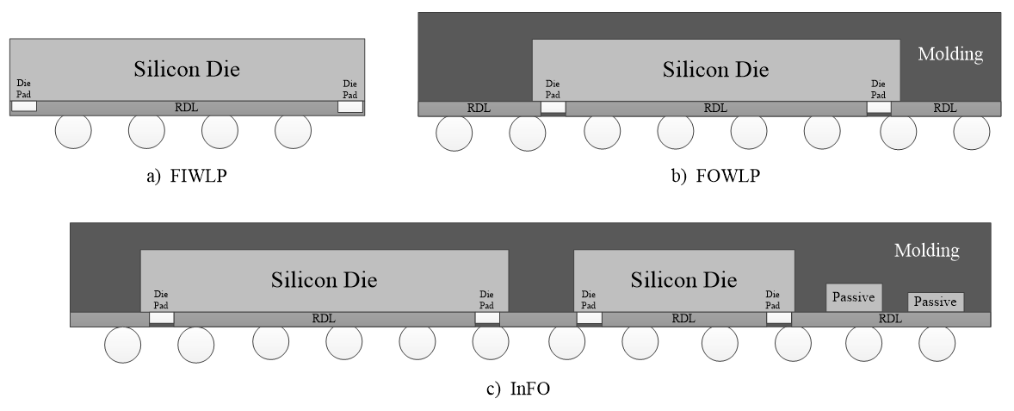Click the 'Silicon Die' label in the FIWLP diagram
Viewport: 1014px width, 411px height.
pos(186,70)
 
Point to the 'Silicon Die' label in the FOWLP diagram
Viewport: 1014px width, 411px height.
pos(715,69)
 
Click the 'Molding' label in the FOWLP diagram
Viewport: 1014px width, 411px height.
pos(950,54)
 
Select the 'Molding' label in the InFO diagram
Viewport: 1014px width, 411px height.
pos(926,251)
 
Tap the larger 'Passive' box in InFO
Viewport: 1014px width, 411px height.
pos(853,298)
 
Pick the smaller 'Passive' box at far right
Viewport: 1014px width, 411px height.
pos(935,302)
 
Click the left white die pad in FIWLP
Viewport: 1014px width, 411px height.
pos(24,107)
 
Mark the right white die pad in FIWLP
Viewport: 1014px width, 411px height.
pos(350,107)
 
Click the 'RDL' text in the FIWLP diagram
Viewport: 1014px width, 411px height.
pos(186,107)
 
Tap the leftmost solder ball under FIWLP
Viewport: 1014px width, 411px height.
pos(73,133)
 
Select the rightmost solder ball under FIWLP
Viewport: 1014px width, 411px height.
pos(294,133)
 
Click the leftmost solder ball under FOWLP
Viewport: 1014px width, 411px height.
pos(454,133)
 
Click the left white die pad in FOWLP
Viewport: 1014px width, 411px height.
pos(553,108)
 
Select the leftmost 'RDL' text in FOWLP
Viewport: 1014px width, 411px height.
pos(478,109)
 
